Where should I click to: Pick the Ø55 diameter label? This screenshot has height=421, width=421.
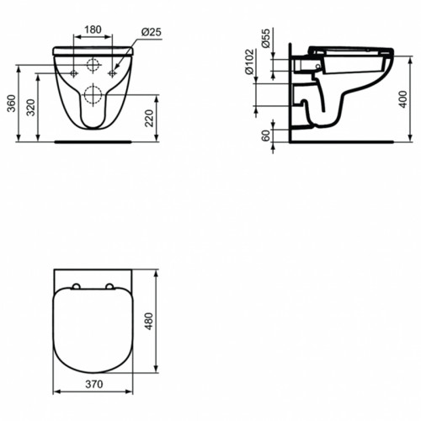point(265,41)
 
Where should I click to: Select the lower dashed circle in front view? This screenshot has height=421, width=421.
point(93,93)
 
